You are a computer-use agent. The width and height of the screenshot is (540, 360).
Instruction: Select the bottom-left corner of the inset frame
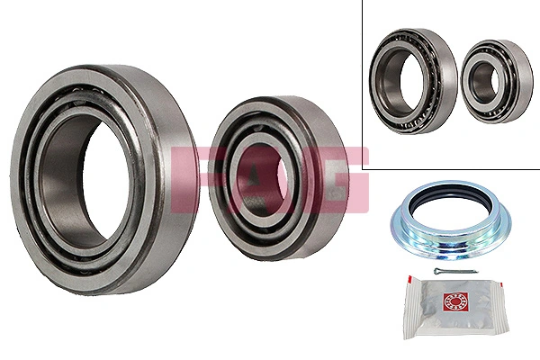click(x=364, y=168)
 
